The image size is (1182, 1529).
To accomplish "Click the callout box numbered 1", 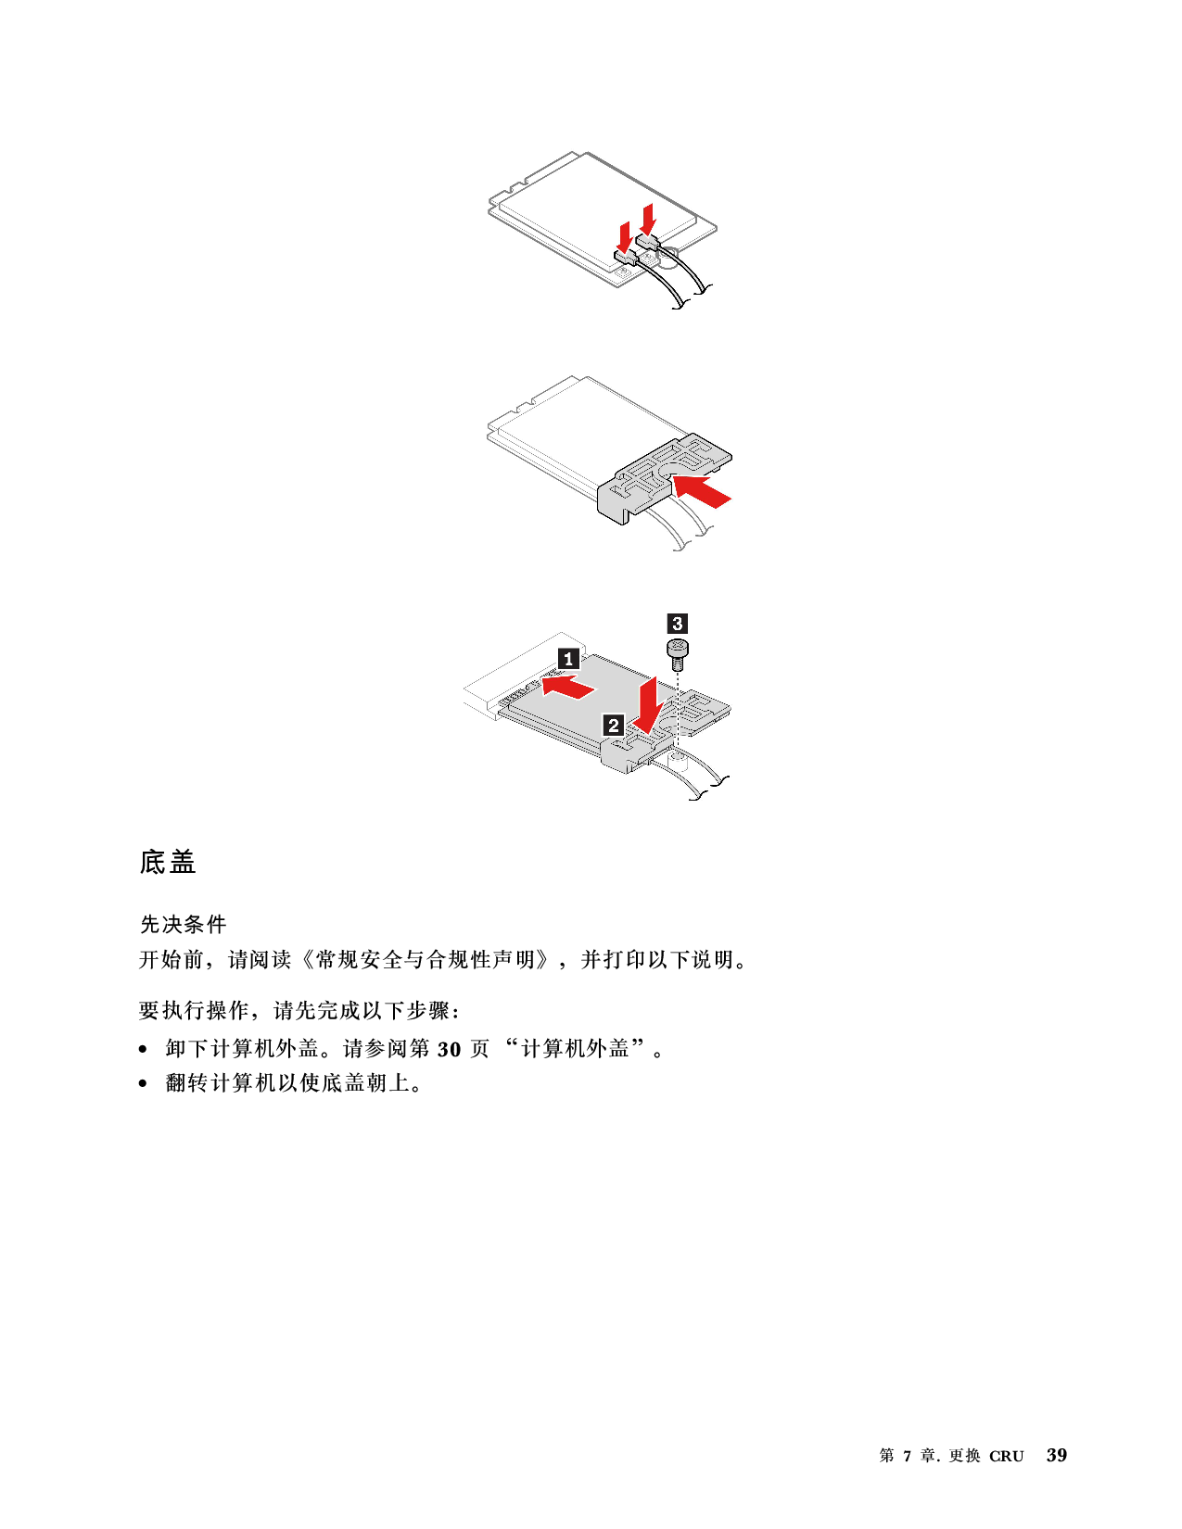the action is (568, 659).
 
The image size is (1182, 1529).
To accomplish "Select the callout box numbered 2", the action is (613, 725).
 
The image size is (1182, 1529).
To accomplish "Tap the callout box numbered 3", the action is (677, 624).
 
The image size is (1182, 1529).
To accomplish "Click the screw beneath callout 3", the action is (678, 655).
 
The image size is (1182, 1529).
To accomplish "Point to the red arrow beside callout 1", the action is (568, 686).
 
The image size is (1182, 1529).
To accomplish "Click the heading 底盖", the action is (168, 861).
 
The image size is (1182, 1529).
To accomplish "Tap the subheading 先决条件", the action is (183, 924).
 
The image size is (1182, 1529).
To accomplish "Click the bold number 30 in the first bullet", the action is (449, 1049).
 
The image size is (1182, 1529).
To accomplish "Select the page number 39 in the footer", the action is (1056, 1455).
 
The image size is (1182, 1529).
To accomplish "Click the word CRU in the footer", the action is (1006, 1456).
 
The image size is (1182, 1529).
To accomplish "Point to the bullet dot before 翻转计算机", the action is (143, 1083).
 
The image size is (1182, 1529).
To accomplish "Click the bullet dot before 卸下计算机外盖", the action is (143, 1050).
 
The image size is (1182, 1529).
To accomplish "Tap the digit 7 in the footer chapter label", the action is (908, 1456).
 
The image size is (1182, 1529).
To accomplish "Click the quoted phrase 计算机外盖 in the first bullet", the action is (575, 1048).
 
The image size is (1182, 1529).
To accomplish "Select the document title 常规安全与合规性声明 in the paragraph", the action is (426, 959).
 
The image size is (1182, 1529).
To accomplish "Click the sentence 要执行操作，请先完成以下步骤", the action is (299, 1010).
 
